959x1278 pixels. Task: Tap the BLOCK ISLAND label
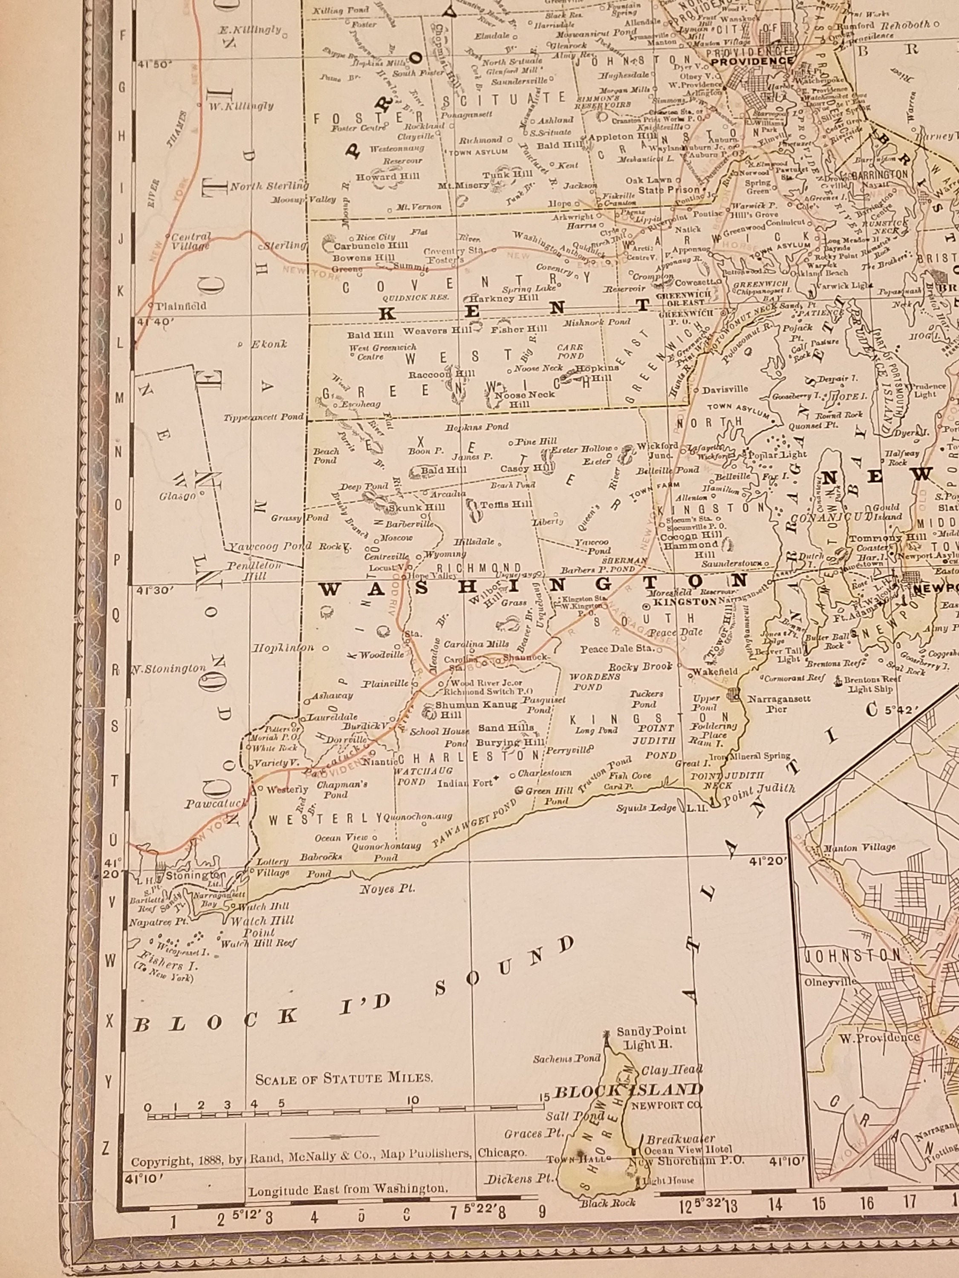[628, 1090]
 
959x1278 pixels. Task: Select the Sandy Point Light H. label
[651, 1038]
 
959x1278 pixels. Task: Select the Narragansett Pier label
[779, 704]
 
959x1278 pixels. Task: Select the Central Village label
[191, 242]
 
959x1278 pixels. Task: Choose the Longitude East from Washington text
[347, 1189]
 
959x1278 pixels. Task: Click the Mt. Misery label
[456, 186]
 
